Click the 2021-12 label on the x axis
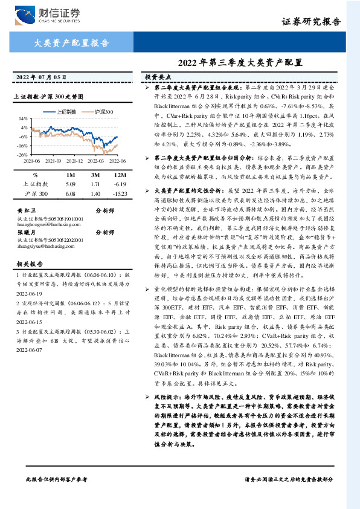click(x=74, y=161)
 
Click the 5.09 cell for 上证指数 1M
click(x=70, y=183)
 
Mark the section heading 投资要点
click(x=158, y=77)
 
